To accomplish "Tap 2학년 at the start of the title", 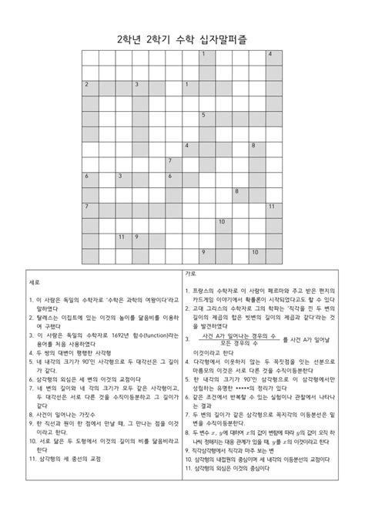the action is pyautogui.click(x=130, y=37).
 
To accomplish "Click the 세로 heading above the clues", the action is pyautogui.click(x=32, y=281).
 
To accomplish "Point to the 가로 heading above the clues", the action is pyautogui.click(x=189, y=274).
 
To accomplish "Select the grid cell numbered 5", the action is pyautogui.click(x=207, y=118).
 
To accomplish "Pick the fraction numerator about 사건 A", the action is pyautogui.click(x=239, y=335).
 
